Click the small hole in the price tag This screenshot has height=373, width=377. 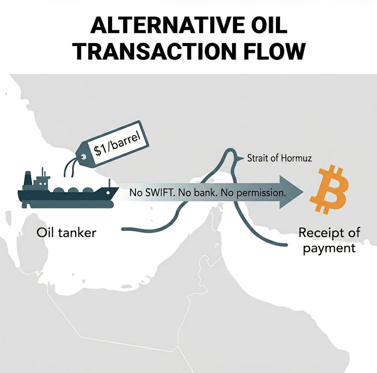83,156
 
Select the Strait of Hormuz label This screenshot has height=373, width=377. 279,158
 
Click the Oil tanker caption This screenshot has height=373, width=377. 66,233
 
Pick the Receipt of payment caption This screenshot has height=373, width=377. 329,241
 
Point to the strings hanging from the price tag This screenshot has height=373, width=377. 69,167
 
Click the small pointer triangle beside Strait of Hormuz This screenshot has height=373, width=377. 241,159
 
